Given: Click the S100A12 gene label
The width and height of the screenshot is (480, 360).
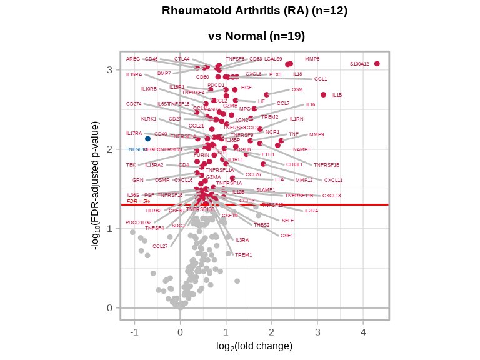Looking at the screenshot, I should pyautogui.click(x=359, y=64).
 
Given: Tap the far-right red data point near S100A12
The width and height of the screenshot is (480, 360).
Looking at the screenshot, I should pyautogui.click(x=377, y=64).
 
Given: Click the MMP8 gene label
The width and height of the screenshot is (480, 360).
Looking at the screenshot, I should pyautogui.click(x=312, y=59).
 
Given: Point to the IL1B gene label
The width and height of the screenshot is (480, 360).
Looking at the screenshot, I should pyautogui.click(x=337, y=95).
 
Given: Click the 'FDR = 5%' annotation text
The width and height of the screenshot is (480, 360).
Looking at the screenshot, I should pyautogui.click(x=138, y=201).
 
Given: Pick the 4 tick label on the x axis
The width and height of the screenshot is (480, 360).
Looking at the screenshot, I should pyautogui.click(x=363, y=332).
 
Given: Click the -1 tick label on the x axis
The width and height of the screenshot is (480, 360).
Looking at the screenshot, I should pyautogui.click(x=134, y=332).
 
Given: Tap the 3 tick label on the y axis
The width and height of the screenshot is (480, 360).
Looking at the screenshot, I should pyautogui.click(x=109, y=69).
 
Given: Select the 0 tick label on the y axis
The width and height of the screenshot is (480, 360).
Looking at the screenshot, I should pyautogui.click(x=109, y=307).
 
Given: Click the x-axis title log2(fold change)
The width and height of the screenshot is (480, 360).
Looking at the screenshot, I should pyautogui.click(x=254, y=346).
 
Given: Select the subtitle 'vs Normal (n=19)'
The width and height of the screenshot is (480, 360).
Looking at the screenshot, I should pyautogui.click(x=256, y=36).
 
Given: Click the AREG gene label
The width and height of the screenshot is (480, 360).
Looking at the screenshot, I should pyautogui.click(x=133, y=59).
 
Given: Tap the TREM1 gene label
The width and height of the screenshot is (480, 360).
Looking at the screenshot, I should pyautogui.click(x=243, y=255).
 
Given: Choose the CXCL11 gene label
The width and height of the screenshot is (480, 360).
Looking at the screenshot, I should pyautogui.click(x=333, y=180).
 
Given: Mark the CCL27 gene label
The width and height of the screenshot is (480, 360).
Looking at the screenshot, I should pyautogui.click(x=160, y=246).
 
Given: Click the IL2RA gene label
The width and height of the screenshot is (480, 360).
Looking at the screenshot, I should pyautogui.click(x=311, y=211).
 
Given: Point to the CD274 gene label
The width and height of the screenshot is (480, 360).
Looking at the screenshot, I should pyautogui.click(x=134, y=104).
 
